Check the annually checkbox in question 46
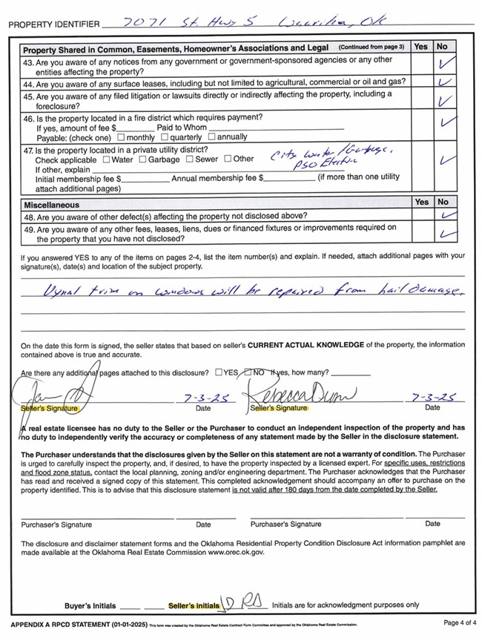point(213,137)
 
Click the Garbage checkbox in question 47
point(143,159)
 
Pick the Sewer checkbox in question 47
point(190,159)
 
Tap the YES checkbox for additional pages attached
point(218,372)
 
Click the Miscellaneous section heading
point(52,205)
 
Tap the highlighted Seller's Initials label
point(194,606)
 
